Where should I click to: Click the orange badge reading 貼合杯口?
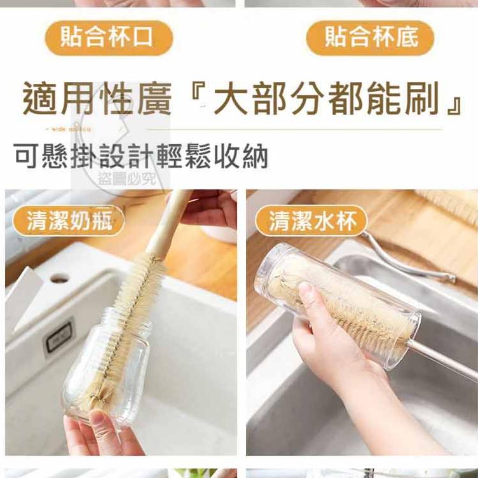(x=108, y=38)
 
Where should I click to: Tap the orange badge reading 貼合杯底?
(x=370, y=38)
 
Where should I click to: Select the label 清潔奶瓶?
(x=69, y=221)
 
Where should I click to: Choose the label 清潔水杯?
(x=311, y=221)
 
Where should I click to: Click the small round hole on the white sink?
(x=59, y=279)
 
